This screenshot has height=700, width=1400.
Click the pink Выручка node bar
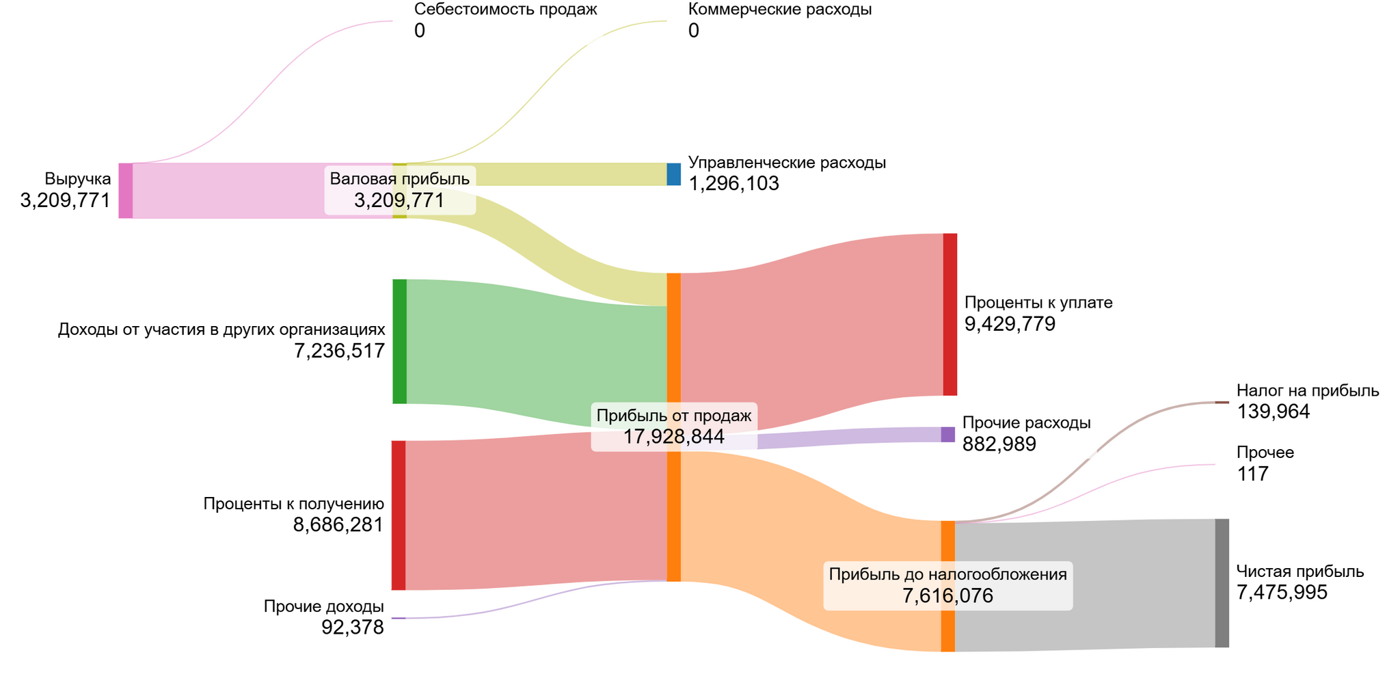click(x=126, y=191)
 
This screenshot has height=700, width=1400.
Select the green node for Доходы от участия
click(x=400, y=342)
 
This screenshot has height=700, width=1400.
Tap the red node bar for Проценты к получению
click(x=399, y=515)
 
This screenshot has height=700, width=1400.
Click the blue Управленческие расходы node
click(x=674, y=174)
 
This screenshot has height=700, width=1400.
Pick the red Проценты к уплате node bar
click(x=950, y=314)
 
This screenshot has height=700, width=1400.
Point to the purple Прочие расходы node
click(x=948, y=435)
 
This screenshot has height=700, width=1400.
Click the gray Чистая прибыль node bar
click(x=1222, y=583)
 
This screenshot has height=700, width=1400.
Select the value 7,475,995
click(x=1282, y=593)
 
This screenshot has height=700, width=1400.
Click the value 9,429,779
click(x=1010, y=324)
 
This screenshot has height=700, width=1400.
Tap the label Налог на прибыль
click(x=1308, y=391)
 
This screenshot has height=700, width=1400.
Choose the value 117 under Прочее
click(x=1252, y=474)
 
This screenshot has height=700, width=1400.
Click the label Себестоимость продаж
click(x=506, y=10)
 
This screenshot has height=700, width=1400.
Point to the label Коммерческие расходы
click(x=780, y=10)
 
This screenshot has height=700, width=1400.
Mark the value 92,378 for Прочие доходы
click(x=353, y=628)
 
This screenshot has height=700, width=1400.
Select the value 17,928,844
click(x=674, y=437)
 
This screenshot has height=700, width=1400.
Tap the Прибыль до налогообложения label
click(x=948, y=574)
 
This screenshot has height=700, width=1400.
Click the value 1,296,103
click(x=733, y=184)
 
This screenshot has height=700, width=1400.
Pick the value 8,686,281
click(x=338, y=525)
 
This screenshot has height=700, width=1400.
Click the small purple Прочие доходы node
click(x=399, y=618)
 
